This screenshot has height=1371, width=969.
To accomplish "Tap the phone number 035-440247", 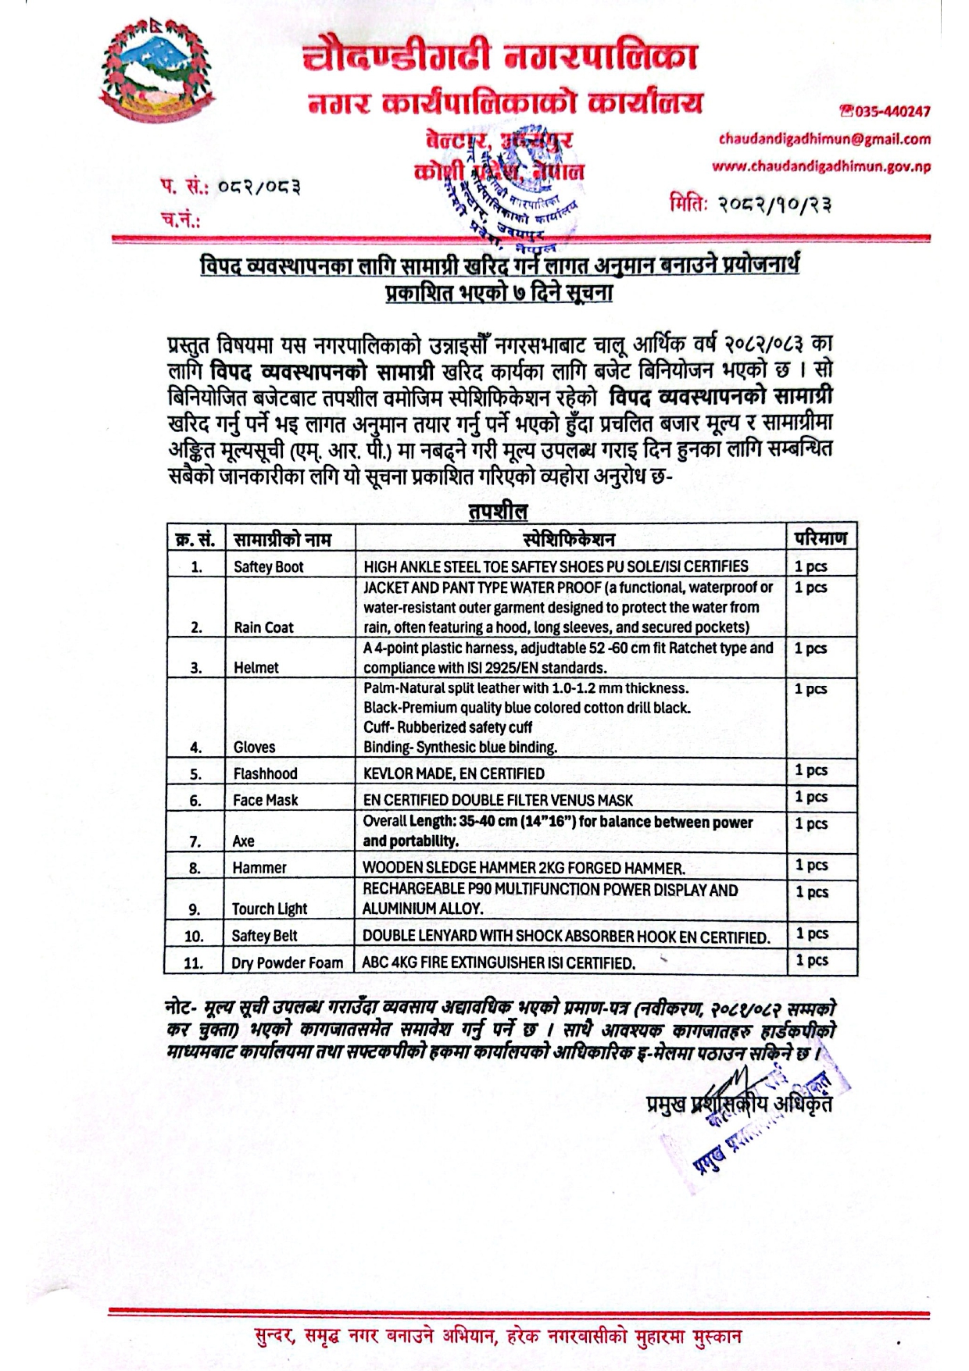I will point(885,112).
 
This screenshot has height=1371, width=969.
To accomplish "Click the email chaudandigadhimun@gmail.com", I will point(824,139).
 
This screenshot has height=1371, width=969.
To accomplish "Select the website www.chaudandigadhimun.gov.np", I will point(821,166).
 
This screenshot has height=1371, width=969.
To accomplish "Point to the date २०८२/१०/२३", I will point(749,205).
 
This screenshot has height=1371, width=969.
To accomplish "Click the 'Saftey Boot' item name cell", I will point(268,566).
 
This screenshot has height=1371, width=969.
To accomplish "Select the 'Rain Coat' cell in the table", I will point(263,627).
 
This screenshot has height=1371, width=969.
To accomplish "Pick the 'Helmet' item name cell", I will point(256,667).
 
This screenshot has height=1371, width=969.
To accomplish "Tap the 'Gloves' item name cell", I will point(254,747).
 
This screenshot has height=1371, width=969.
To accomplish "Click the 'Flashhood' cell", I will point(265,773).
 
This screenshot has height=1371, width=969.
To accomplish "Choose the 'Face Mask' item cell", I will point(265,800).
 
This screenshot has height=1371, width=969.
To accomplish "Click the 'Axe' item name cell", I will point(243,841).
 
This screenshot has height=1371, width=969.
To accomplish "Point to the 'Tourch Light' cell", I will point(269,909).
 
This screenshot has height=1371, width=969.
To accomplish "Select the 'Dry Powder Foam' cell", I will point(287,962).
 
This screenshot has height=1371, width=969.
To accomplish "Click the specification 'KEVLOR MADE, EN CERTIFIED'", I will point(453,773).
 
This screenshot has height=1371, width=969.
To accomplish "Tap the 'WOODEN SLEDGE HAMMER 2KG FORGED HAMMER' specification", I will point(524,868).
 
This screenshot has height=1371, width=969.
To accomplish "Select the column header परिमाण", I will point(820,538).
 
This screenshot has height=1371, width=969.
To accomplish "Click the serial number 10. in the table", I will point(194,936).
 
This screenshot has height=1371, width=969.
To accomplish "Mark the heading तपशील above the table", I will point(498,512).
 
